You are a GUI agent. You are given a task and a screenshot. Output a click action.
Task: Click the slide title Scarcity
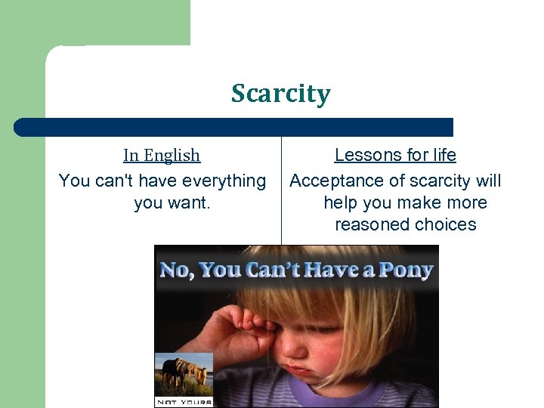(x=280, y=94)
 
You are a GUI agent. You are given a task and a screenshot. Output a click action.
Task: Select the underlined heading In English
(x=162, y=156)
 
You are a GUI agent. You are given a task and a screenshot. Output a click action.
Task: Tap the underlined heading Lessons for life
(x=395, y=156)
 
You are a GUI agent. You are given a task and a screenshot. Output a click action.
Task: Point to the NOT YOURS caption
(x=184, y=401)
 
